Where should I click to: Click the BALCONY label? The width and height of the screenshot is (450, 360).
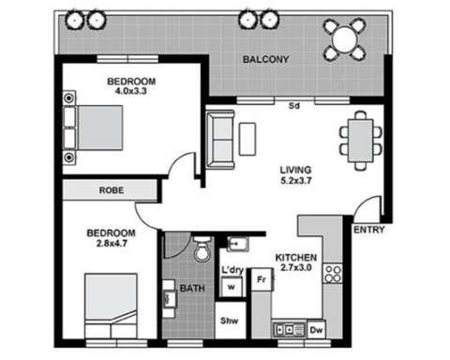click(x=265, y=59)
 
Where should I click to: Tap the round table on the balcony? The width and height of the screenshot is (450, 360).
click(x=345, y=39)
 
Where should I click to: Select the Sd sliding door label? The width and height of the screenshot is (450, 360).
click(x=294, y=106)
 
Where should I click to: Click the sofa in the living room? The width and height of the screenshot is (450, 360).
click(x=220, y=140)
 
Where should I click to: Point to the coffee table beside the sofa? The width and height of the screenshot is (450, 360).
click(x=247, y=139)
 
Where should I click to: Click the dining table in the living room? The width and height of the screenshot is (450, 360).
click(x=361, y=141)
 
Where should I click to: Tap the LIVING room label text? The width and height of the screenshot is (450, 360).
click(x=295, y=170)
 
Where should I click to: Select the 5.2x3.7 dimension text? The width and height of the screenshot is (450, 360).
click(x=296, y=181)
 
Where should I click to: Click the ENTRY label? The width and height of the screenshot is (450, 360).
click(x=368, y=230)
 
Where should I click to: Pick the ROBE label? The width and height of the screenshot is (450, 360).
click(x=112, y=190)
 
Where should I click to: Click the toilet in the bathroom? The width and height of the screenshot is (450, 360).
click(x=202, y=248)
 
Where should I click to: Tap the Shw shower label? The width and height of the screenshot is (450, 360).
click(x=229, y=321)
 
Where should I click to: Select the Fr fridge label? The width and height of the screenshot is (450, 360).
click(x=262, y=279)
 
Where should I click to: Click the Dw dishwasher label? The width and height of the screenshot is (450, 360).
click(x=317, y=330)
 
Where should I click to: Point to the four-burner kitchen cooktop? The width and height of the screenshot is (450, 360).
click(x=333, y=274)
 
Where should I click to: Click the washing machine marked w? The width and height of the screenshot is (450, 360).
click(x=231, y=287)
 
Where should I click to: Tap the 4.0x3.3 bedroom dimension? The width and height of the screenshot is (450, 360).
click(x=131, y=91)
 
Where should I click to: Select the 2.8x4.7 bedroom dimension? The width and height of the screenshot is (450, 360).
click(x=112, y=243)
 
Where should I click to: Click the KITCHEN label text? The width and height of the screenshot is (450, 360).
click(x=295, y=258)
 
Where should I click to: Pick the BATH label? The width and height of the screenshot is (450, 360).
click(x=192, y=288)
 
